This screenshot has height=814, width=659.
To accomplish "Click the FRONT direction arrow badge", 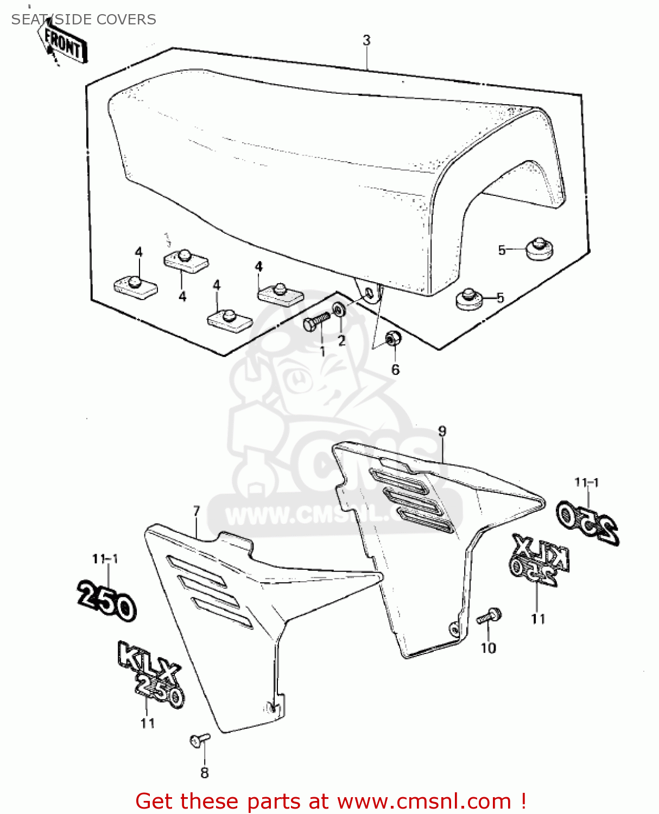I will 64,45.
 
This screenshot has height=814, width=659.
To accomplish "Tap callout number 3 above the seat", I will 367,40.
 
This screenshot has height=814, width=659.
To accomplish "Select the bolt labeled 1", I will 316,321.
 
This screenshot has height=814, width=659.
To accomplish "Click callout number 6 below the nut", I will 395,370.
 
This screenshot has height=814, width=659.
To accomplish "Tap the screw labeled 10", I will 489,617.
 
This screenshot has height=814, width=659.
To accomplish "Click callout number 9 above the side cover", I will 442,431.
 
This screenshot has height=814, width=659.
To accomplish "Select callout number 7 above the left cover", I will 197,511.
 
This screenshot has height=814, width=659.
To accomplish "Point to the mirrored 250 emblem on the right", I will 588,521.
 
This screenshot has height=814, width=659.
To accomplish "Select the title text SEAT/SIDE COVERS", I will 84,20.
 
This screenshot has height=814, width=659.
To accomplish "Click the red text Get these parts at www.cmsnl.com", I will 330,801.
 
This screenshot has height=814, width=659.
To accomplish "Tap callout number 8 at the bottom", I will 205,773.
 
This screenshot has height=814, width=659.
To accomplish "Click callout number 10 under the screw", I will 488,648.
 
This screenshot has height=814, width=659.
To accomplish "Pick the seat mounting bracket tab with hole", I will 369,292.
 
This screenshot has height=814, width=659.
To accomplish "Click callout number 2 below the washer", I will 341,340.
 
